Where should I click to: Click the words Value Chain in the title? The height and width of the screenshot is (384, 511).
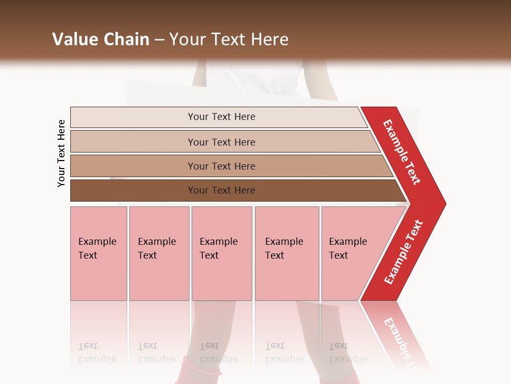(x=101, y=39)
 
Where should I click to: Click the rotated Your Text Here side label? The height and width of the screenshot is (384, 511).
(x=61, y=154)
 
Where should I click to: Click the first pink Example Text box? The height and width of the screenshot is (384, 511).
(x=98, y=254)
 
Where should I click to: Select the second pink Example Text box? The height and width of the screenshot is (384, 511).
(x=159, y=254)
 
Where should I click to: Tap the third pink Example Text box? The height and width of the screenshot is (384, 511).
(x=221, y=254)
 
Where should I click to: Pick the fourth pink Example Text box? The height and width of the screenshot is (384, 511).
(x=287, y=254)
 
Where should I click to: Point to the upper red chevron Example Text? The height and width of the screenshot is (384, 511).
(x=402, y=152)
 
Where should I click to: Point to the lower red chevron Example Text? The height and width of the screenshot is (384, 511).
(x=403, y=252)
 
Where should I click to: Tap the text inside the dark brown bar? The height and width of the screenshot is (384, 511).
(x=221, y=190)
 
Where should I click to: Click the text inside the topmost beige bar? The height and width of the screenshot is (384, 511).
(x=221, y=117)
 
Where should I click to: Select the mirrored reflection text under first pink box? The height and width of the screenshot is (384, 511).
(x=97, y=353)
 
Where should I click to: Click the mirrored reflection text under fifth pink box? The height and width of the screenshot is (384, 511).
(x=348, y=353)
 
